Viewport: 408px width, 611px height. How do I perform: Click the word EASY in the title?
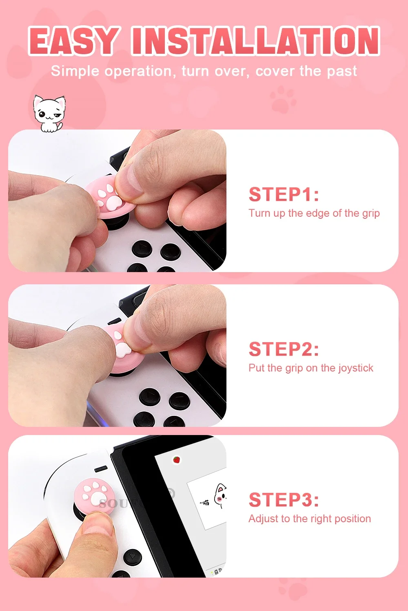(74, 41)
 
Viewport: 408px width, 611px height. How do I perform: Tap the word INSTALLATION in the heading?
(256, 41)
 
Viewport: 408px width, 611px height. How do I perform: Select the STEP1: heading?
(284, 194)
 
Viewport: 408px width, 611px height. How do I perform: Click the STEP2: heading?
(284, 349)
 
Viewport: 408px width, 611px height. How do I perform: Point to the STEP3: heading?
(284, 500)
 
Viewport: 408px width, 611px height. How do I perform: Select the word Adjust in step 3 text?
(263, 519)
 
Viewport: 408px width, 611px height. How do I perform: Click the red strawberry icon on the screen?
(177, 460)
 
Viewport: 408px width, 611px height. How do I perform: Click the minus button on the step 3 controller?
(101, 469)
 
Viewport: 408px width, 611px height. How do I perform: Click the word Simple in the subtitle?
(75, 71)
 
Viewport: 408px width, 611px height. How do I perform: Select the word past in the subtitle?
(342, 71)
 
